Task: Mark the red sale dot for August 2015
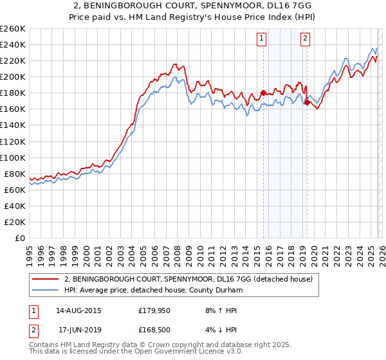(263, 93)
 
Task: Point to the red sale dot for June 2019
(307, 102)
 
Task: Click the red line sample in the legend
(46, 279)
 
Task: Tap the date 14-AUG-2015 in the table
(79, 310)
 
